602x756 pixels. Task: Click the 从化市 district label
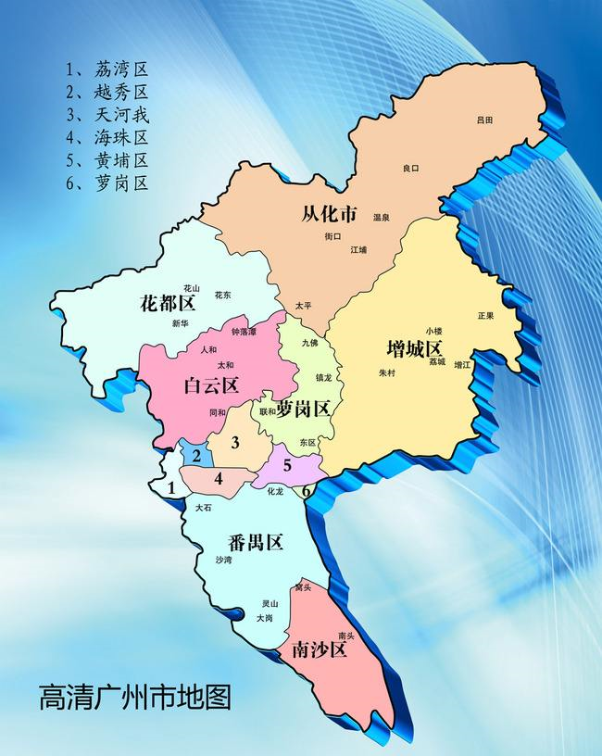(x=330, y=214)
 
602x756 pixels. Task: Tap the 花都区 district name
(x=168, y=304)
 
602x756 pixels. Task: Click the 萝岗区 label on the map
(x=304, y=408)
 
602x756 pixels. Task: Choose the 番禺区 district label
(x=255, y=543)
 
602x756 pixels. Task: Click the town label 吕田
(x=484, y=120)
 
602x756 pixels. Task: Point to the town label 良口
(x=411, y=168)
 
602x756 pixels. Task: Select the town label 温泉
(x=381, y=217)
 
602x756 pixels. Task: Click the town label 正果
(x=485, y=315)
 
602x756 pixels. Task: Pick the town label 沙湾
(x=223, y=561)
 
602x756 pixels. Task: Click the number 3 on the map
(x=235, y=443)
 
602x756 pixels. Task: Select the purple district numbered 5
(x=287, y=466)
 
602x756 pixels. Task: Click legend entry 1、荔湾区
(x=107, y=69)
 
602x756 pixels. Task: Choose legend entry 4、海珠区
(x=107, y=137)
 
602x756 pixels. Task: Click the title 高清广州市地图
(x=134, y=697)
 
